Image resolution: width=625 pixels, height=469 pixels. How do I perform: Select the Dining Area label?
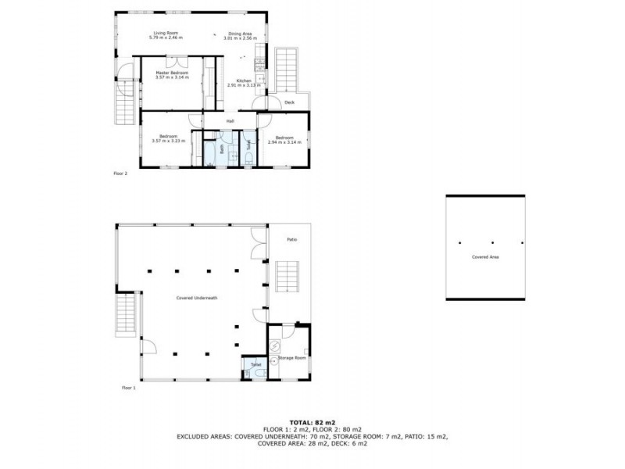click(x=238, y=32)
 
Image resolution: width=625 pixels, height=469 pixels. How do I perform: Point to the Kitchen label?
click(x=244, y=81)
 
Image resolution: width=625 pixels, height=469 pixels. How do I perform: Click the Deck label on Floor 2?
click(x=289, y=102)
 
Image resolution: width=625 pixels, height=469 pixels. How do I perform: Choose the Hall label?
click(x=230, y=121)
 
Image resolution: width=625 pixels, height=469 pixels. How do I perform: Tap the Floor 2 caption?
click(x=120, y=174)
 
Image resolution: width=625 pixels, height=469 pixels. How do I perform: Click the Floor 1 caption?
click(x=128, y=388)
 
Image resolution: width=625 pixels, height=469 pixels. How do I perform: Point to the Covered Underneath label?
click(x=196, y=298)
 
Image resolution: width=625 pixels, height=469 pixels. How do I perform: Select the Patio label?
click(x=292, y=238)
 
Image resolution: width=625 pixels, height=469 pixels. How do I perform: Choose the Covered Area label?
click(x=485, y=256)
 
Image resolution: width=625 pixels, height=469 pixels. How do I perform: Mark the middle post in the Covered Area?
click(x=492, y=242)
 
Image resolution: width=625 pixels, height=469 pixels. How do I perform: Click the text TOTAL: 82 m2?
click(x=312, y=421)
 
